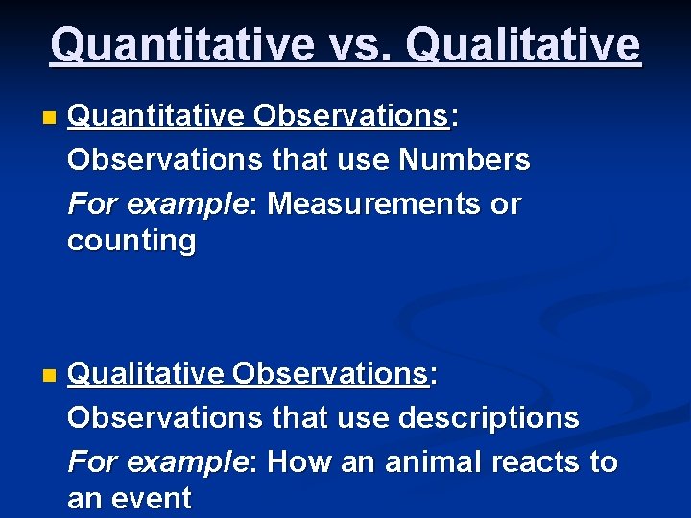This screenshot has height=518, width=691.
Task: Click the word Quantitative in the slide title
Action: [179, 44]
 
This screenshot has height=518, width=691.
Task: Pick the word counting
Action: [131, 240]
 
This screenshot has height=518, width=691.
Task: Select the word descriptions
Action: [489, 417]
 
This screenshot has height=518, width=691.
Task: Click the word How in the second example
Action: [295, 461]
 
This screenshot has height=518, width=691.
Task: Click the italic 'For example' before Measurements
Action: [156, 203]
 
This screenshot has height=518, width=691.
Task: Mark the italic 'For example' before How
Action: [156, 461]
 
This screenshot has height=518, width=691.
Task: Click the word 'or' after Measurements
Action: [506, 203]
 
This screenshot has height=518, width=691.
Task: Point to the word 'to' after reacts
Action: [604, 461]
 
